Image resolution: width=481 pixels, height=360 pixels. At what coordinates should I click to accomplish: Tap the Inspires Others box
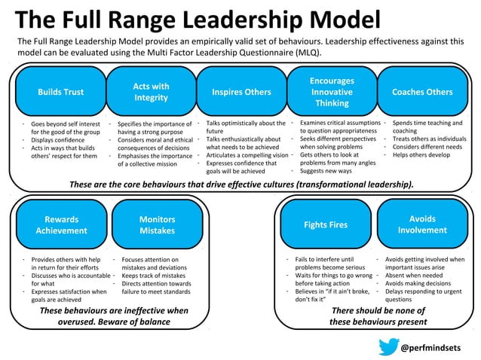tap(241, 92)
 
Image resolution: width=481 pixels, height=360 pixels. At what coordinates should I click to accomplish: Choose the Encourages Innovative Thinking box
tap(332, 92)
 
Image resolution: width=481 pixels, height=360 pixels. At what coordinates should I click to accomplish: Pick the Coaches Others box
tap(422, 92)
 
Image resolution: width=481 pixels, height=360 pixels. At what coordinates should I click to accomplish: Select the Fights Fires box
tap(326, 224)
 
